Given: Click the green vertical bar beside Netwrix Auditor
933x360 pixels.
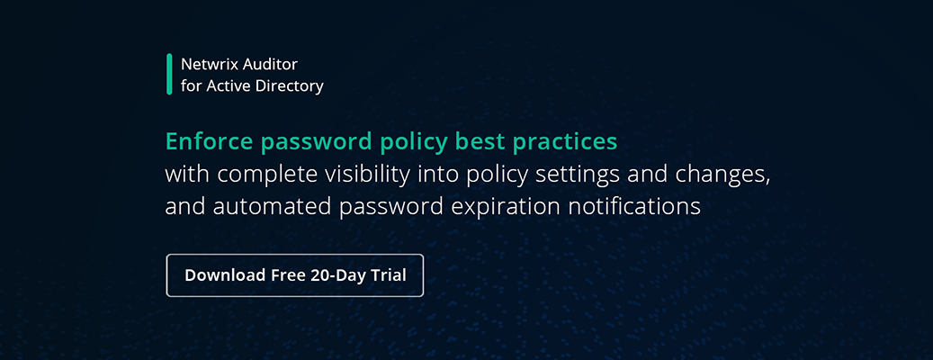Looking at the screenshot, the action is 169,74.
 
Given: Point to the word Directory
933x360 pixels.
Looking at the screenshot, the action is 289,86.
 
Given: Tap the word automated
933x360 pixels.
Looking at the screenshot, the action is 266,206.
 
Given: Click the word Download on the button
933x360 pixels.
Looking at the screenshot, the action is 225,275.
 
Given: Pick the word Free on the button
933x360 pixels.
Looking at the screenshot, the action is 289,275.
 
